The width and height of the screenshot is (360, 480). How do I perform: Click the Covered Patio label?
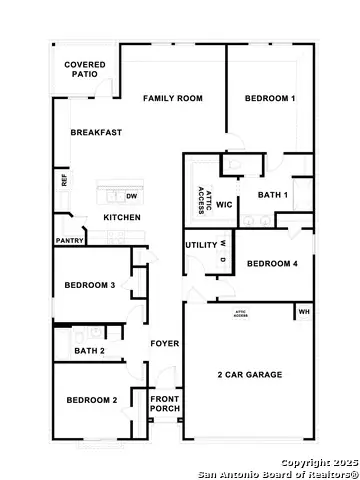(85, 69)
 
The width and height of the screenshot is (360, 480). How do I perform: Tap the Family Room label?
(172, 98)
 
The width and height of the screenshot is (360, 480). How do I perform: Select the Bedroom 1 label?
(270, 98)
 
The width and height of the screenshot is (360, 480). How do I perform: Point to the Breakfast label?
(95, 133)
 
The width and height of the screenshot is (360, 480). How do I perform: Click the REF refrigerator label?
(65, 182)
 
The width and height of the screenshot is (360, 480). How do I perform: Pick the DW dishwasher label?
(132, 197)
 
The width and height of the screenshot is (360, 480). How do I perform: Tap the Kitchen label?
(122, 218)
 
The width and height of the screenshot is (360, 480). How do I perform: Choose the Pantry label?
(69, 241)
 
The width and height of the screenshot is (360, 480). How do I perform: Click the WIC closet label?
(223, 204)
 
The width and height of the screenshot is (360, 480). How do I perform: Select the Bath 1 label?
(273, 195)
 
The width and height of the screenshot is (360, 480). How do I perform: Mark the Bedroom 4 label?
(272, 264)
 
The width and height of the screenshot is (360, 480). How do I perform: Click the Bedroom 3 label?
(90, 285)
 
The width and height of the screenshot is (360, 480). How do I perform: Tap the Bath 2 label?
(90, 351)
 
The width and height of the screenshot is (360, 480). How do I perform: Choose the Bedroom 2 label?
(92, 400)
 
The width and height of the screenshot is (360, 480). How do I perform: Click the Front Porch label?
(164, 404)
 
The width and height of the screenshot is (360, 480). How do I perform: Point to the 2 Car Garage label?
(250, 375)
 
